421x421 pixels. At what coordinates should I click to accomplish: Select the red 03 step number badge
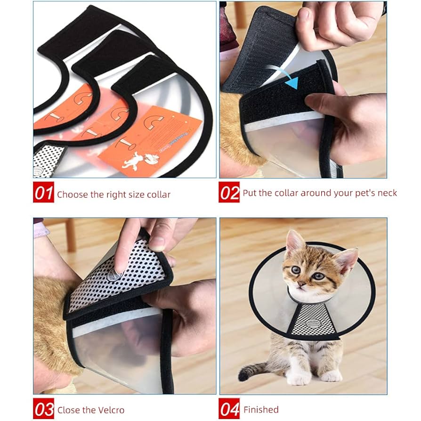[x=43, y=409]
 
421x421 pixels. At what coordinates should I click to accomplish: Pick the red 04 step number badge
[x=229, y=409]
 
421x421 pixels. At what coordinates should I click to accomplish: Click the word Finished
[x=261, y=410]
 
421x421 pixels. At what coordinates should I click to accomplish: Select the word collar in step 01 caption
[x=157, y=194]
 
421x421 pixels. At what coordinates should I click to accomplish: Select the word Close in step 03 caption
[x=68, y=410]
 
